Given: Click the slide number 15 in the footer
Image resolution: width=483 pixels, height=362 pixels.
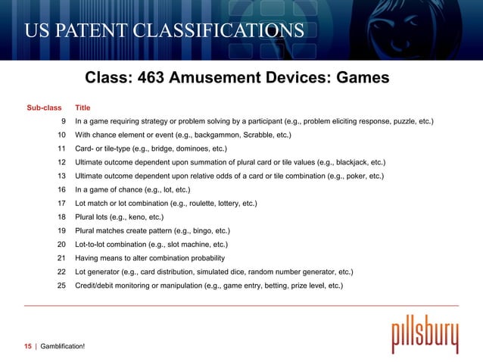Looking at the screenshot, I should click(x=27, y=346).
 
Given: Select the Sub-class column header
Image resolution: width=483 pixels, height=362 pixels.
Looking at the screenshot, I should click(x=44, y=108).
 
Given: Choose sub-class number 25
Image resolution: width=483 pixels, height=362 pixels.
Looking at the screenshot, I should click(x=61, y=286).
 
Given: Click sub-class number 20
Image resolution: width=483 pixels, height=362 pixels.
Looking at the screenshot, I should click(x=61, y=245).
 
